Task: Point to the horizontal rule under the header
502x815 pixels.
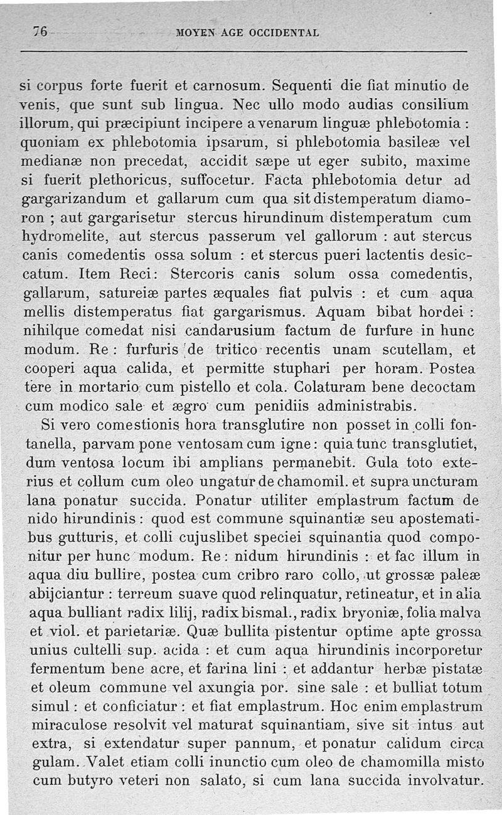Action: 251,51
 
